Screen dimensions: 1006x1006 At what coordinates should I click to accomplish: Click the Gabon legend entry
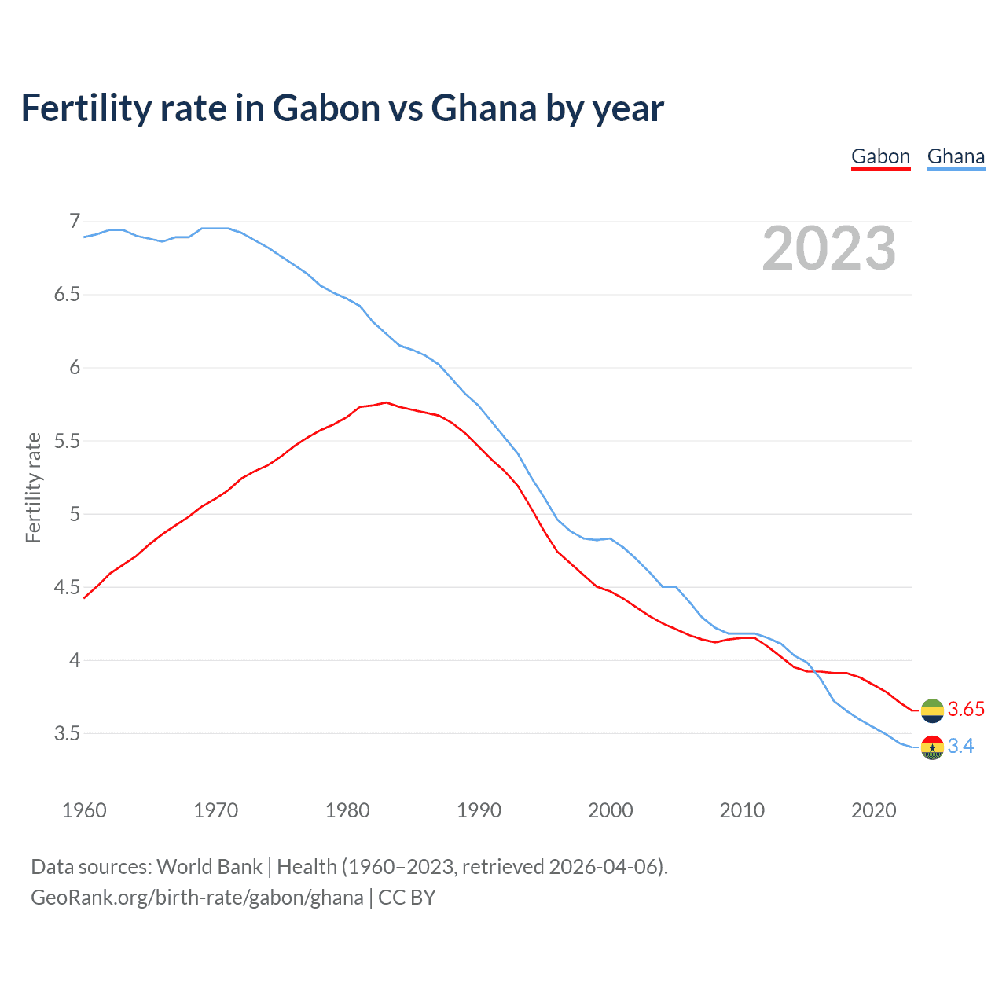(x=880, y=156)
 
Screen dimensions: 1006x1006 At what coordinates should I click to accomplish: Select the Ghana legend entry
(x=956, y=156)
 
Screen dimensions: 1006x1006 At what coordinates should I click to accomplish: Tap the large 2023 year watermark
(x=828, y=248)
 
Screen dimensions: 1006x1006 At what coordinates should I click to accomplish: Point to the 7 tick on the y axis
(x=75, y=222)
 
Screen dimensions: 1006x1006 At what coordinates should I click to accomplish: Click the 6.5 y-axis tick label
(x=67, y=295)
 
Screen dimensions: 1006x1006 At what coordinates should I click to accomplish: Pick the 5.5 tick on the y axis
(x=67, y=441)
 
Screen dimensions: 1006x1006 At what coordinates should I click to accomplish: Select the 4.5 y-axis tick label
(x=67, y=587)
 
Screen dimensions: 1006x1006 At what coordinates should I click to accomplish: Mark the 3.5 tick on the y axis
(x=67, y=733)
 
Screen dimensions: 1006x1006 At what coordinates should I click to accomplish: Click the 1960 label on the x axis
(x=84, y=810)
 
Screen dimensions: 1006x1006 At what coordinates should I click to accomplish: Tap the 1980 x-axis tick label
(x=347, y=810)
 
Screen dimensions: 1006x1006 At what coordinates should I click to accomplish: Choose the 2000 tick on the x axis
(x=611, y=810)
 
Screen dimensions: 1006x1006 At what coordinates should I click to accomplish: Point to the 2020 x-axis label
(x=873, y=810)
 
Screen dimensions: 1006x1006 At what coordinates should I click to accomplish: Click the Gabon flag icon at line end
(x=932, y=710)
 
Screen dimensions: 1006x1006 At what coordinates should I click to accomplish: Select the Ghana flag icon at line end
(x=932, y=747)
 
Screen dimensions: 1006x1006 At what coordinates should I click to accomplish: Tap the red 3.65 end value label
(x=966, y=709)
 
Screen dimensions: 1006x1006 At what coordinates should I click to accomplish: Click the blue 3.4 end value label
(x=960, y=746)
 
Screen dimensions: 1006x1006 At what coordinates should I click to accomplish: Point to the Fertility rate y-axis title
(x=33, y=487)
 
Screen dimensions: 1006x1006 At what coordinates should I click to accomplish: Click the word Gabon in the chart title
(x=326, y=108)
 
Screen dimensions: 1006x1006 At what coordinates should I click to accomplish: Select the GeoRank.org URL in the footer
(x=196, y=898)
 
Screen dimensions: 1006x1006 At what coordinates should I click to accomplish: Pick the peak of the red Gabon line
(x=386, y=402)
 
